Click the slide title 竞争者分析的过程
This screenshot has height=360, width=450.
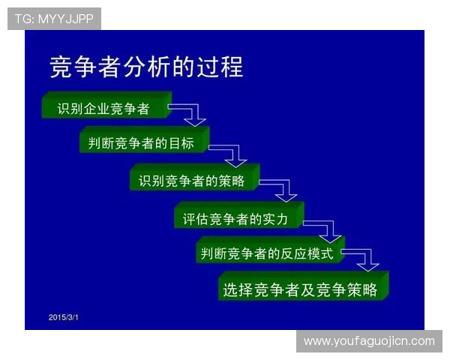pyautogui.click(x=146, y=67)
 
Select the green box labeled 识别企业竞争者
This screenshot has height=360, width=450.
pyautogui.click(x=104, y=109)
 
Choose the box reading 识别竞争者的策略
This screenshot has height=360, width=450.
pyautogui.click(x=193, y=181)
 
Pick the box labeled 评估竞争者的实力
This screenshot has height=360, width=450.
pyautogui.click(x=238, y=218)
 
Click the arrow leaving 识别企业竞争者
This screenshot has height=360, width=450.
pyautogui.click(x=190, y=113)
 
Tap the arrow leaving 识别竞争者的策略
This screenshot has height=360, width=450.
pyautogui.click(x=281, y=190)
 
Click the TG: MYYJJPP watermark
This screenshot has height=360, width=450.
pyautogui.click(x=54, y=19)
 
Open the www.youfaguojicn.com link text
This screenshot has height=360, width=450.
pyautogui.click(x=368, y=341)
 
